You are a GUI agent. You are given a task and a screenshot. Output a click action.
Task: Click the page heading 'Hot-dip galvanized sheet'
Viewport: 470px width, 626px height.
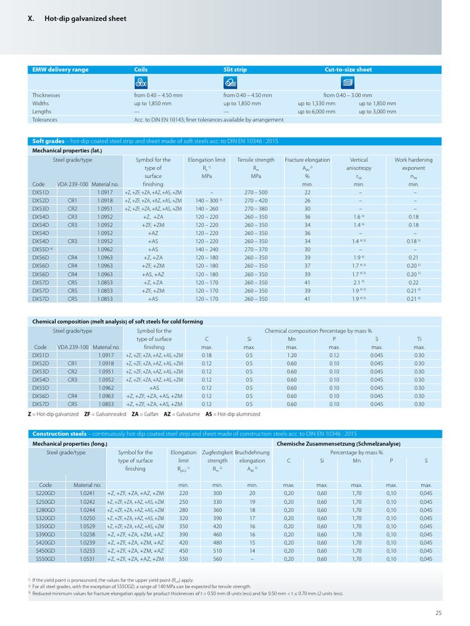pos(85,19)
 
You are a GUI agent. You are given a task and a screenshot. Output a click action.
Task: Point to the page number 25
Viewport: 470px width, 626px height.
pos(438,613)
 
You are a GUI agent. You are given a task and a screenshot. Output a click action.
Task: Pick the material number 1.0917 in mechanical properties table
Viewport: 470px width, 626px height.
pos(105,193)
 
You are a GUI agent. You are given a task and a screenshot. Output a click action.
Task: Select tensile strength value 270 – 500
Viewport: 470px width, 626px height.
pos(256,193)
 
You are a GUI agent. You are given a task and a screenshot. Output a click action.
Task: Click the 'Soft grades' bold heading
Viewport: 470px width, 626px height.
pos(48,141)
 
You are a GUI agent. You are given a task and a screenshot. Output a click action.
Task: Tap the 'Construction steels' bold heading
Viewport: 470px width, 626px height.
pos(59,434)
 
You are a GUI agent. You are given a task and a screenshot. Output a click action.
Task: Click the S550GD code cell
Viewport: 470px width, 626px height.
pos(45,559)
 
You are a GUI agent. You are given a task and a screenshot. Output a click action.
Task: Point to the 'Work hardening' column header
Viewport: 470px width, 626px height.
pos(413,160)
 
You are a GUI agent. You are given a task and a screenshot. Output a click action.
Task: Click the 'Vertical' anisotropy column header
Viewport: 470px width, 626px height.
pos(359,160)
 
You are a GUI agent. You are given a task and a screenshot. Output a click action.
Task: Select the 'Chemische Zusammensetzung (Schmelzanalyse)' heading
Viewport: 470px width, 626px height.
pos(338,443)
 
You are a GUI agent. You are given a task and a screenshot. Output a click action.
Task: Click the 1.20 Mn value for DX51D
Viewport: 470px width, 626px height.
pos(292,355)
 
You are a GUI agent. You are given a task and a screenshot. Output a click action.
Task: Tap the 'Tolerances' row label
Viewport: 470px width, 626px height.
pos(45,120)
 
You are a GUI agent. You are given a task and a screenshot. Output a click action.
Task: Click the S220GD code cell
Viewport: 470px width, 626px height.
pos(45,493)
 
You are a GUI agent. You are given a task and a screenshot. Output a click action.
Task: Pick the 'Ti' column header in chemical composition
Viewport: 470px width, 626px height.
pos(419,339)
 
